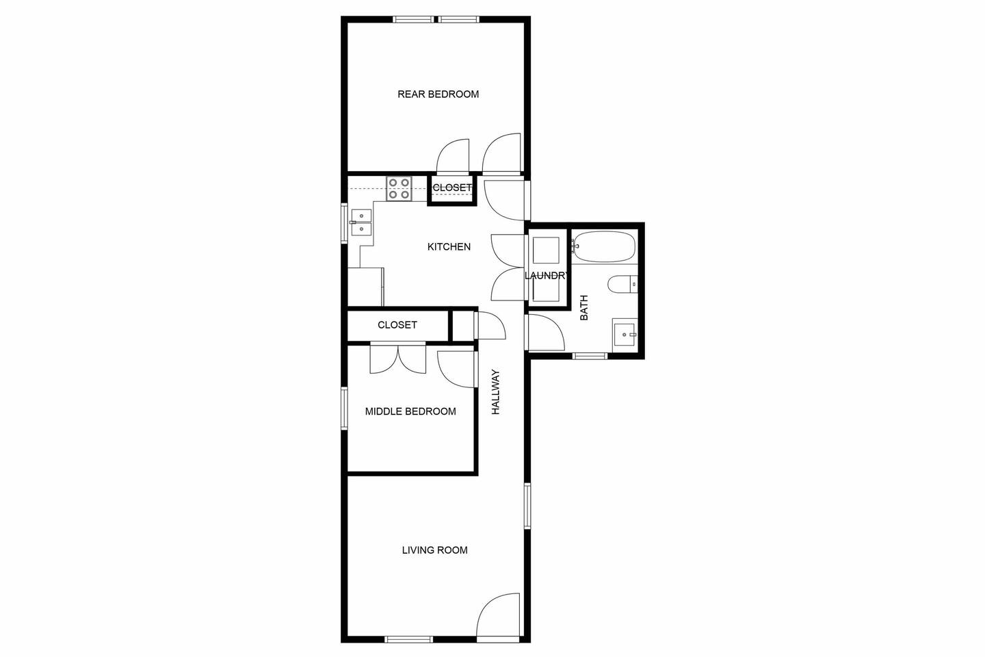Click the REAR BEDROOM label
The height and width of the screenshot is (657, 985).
(438, 94)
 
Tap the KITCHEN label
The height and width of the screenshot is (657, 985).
(449, 247)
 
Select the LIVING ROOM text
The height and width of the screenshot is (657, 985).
(435, 550)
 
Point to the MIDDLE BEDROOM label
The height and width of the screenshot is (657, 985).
(410, 411)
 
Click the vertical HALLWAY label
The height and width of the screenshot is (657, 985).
(496, 391)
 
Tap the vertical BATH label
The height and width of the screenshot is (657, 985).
(584, 307)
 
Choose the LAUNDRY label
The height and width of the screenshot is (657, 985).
(547, 276)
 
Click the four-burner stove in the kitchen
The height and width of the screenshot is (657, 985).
(399, 188)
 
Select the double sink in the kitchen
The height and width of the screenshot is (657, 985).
(361, 222)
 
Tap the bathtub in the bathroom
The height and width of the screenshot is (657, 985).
(604, 247)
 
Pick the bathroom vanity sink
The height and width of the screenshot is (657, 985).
(625, 335)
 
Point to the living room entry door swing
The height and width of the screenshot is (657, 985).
(498, 615)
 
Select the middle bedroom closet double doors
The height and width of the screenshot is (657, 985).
(398, 358)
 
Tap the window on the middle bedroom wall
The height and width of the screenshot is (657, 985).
(344, 409)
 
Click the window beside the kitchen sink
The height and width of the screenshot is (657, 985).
(344, 223)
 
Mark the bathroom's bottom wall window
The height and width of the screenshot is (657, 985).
(590, 356)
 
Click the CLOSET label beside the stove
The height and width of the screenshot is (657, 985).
(453, 188)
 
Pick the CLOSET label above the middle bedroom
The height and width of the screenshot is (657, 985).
(397, 325)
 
